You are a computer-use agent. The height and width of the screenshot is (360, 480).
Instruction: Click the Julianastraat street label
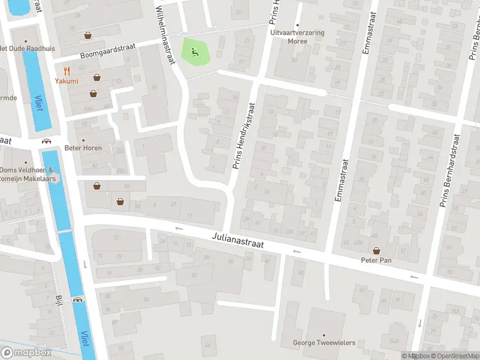[x=238, y=242]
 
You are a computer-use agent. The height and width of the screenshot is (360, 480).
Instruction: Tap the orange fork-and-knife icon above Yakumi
[x=67, y=71]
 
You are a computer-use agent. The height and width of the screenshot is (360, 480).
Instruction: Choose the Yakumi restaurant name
[x=67, y=81]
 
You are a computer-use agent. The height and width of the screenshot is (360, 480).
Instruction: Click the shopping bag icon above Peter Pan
[x=376, y=251]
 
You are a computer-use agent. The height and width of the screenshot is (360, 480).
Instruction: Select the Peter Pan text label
[x=376, y=260]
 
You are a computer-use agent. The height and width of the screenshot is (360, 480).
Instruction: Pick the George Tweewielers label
[x=324, y=343]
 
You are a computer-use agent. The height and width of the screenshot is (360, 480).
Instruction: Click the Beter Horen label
[x=83, y=148]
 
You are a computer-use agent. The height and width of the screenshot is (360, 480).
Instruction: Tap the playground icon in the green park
[x=194, y=52]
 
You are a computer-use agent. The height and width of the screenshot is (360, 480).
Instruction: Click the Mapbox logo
[x=26, y=353]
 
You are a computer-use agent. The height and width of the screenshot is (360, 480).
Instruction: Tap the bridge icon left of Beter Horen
[x=46, y=142]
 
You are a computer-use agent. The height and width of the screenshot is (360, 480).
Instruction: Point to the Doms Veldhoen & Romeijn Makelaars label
[x=28, y=174]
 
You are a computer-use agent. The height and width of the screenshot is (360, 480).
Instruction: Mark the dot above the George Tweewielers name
[x=324, y=335]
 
